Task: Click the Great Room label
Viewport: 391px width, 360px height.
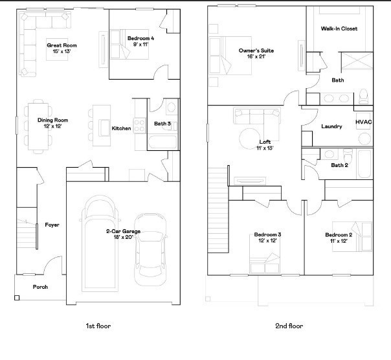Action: [x=61, y=45]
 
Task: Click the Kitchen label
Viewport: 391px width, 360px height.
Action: [x=121, y=128]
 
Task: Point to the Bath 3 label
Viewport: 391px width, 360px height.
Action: [x=162, y=124]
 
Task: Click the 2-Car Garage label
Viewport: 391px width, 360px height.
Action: [x=123, y=231]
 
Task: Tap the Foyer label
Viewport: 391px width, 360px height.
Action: [x=52, y=225]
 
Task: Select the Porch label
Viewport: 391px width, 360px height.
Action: [x=40, y=287]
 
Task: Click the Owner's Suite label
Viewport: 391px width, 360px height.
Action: [x=252, y=50]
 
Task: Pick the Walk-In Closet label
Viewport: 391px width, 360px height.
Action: [x=339, y=28]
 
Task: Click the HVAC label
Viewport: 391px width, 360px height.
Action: [x=363, y=122]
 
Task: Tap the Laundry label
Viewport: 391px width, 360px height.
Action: [x=331, y=126]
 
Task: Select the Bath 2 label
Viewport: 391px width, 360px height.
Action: [x=340, y=165]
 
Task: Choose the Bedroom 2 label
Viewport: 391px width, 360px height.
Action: [x=338, y=234]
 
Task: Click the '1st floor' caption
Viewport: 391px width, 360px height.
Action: [x=98, y=326]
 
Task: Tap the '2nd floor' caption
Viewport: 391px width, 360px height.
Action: [x=290, y=326]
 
